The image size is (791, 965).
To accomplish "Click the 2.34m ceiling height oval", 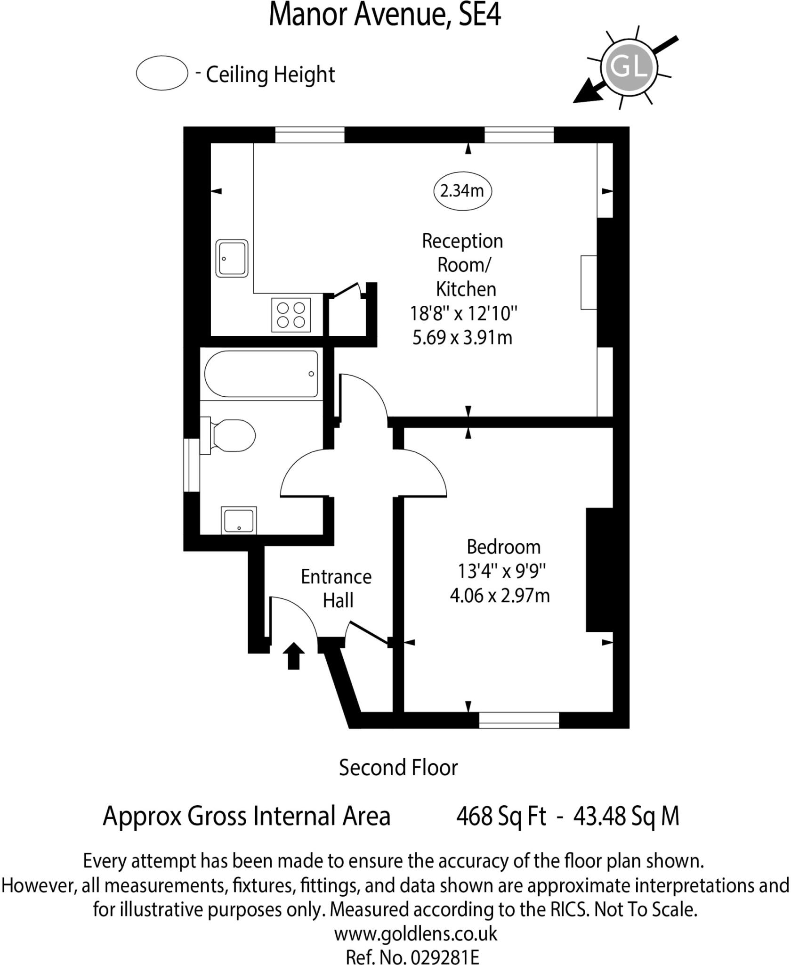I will click(x=462, y=191).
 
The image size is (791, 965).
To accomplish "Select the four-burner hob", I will click(x=291, y=315).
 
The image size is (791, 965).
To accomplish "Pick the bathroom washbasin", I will click(x=239, y=521).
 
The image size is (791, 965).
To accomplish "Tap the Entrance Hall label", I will click(x=336, y=589).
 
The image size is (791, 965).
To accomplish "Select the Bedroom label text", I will click(x=503, y=547).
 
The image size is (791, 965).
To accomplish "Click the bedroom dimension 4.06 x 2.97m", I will click(x=500, y=596).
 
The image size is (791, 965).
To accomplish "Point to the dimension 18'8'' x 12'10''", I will click(x=464, y=313).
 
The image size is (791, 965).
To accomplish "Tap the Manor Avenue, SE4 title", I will click(x=384, y=15).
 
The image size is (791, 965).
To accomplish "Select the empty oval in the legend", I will click(x=162, y=73).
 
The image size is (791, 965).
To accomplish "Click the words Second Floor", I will click(x=398, y=768).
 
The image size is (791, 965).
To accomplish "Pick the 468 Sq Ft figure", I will click(x=501, y=816).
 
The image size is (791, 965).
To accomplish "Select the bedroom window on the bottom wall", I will click(x=519, y=720).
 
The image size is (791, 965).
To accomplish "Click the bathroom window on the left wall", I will click(x=191, y=465).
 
